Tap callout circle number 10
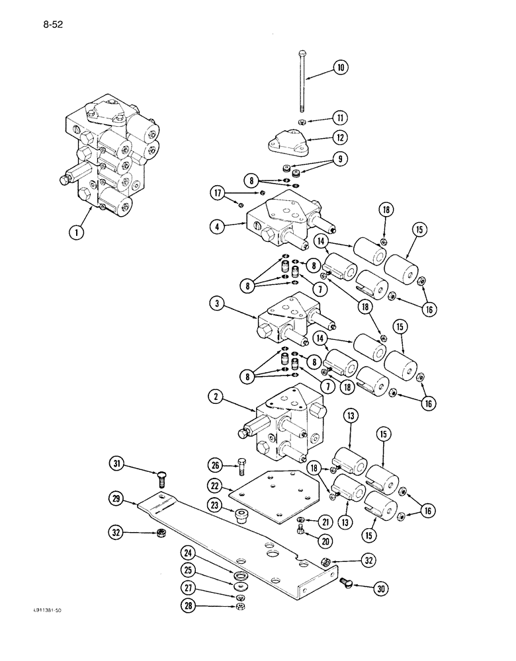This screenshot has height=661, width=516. (x=341, y=67)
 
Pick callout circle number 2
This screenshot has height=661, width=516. (x=218, y=398)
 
